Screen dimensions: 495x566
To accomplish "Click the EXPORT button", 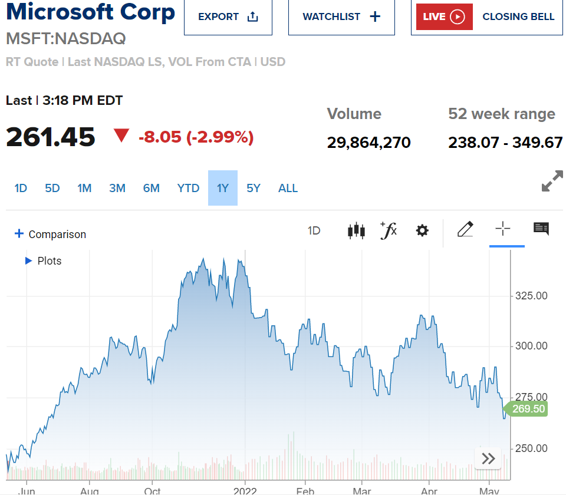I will point(228,16).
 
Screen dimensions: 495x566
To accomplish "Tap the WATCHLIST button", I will point(341,16).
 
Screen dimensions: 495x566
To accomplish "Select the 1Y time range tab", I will point(223,188).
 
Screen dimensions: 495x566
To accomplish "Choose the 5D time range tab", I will point(52,188).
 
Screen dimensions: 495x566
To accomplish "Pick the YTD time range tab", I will point(188,188).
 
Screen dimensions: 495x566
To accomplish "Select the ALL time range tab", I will point(288,188).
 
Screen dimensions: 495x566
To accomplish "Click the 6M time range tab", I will point(152,188).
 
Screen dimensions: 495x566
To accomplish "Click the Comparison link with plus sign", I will point(50,234).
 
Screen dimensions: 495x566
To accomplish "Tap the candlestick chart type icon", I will point(356,230).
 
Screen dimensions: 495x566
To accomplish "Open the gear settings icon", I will point(422,230).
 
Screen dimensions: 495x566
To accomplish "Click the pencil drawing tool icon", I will point(465,229).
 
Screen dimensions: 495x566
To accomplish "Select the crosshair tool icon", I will point(502,229).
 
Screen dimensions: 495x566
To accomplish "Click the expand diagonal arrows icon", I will point(552,181).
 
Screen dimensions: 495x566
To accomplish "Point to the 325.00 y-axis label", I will point(532,295).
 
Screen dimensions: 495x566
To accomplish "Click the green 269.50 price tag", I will point(528,409).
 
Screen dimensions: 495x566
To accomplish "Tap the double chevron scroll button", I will point(488,458).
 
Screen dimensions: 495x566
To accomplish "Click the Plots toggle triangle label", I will point(44,260).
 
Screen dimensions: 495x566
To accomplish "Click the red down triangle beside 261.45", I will point(121,136).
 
